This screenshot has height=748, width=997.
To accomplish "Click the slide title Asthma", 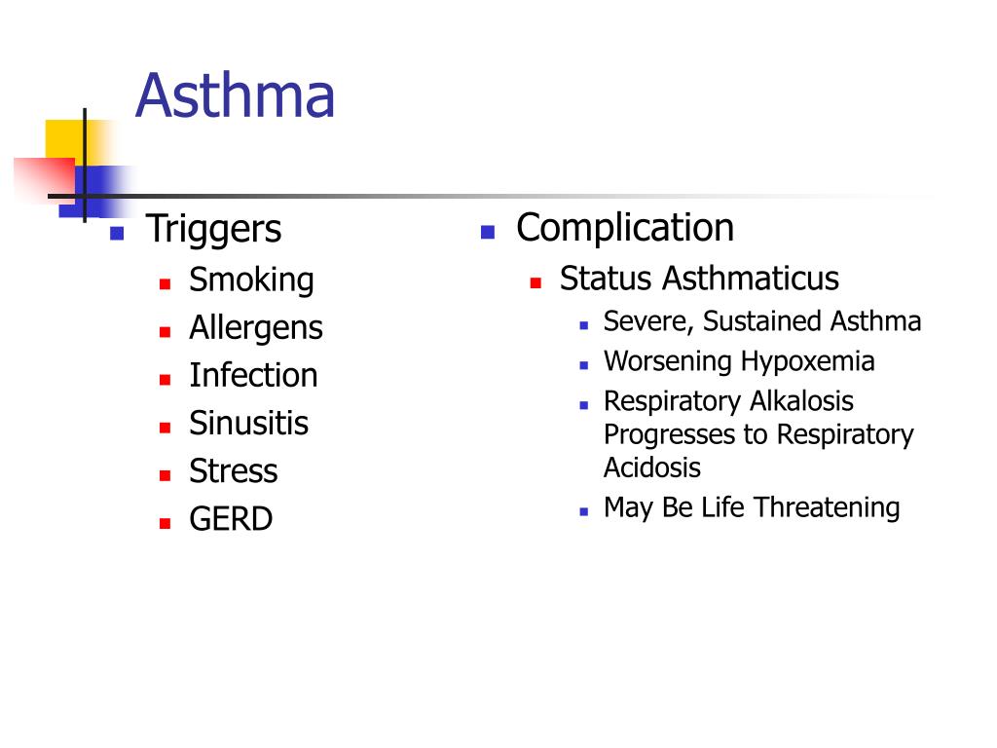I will coord(235,96).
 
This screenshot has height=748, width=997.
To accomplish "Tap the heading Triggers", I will coord(213,230).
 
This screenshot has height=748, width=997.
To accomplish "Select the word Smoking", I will coord(251,280).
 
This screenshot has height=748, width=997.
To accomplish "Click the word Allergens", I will coord(255,328).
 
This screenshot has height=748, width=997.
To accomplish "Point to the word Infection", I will coord(253,376).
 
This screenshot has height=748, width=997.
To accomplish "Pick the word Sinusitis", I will coord(248,424).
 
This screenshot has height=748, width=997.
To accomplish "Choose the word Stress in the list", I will coord(233,471).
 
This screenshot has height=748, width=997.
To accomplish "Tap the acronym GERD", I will coord(231,519).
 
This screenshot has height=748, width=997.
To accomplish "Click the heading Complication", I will coord(624,228).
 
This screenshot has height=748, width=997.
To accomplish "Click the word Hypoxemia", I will coord(807,361).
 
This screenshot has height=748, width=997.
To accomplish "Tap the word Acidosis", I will coord(651,467).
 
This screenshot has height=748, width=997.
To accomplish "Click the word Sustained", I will coord(764,321).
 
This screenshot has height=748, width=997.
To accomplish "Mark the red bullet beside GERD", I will coord(166,521).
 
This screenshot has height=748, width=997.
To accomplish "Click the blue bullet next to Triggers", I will coord(117,233).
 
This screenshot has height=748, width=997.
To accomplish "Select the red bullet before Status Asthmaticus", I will coord(535,281).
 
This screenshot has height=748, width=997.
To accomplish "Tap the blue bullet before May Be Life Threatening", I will coord(584,509).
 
